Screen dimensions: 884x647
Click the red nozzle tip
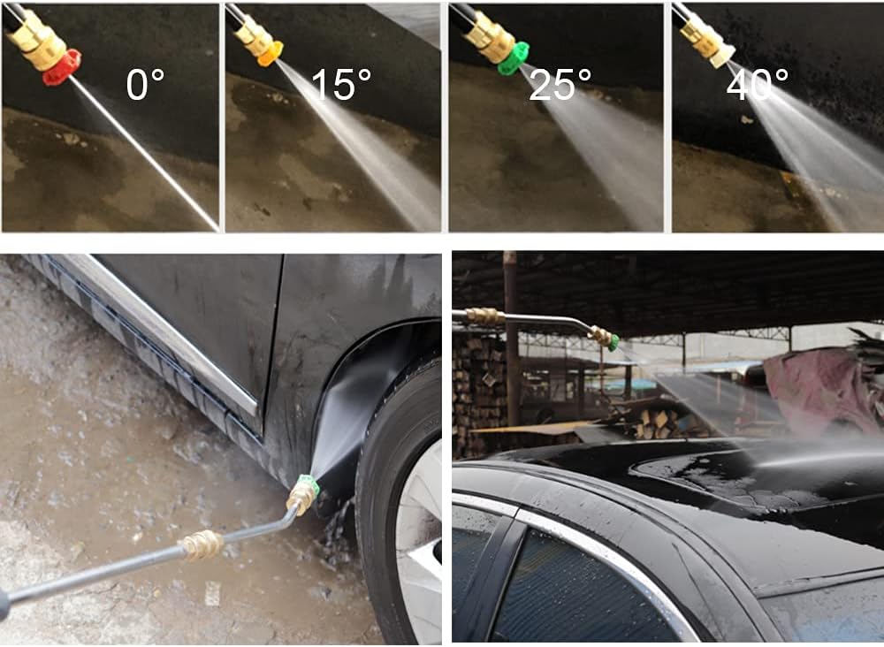[x=62, y=66]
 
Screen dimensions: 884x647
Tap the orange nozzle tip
[x=271, y=54]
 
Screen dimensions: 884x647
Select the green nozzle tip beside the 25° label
[x=514, y=58]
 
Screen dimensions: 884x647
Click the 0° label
[x=145, y=85]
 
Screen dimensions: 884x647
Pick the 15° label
[x=341, y=85]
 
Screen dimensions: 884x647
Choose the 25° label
[x=560, y=85]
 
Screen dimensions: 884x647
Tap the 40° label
[x=758, y=85]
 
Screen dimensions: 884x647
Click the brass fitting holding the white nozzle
[x=701, y=35]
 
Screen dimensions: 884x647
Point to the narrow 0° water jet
[x=144, y=153]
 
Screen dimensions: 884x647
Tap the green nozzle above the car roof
[x=613, y=342]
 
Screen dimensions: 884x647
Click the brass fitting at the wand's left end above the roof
[x=484, y=316]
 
